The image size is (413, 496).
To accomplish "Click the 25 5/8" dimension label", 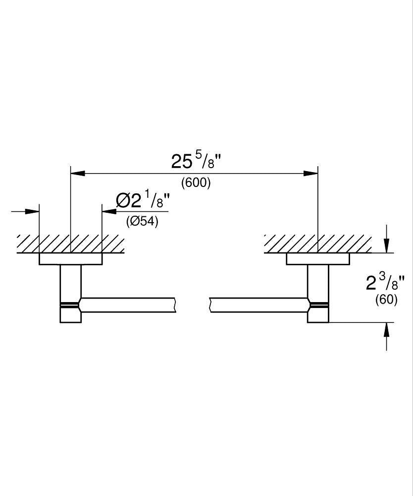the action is point(195,161).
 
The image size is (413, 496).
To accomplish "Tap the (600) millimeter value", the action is point(196,183).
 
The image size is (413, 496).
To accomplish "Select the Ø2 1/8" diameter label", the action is point(143,200).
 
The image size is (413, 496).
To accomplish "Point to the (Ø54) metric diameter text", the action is point(142,221).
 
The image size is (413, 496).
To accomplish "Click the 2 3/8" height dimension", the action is point(385,283).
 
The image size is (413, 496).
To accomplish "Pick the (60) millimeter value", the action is point(386,300).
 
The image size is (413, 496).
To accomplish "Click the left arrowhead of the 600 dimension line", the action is point(78,173).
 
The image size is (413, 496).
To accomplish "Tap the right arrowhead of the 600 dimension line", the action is point(310,173).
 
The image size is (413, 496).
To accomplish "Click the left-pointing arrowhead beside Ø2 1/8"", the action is point(109,211).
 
